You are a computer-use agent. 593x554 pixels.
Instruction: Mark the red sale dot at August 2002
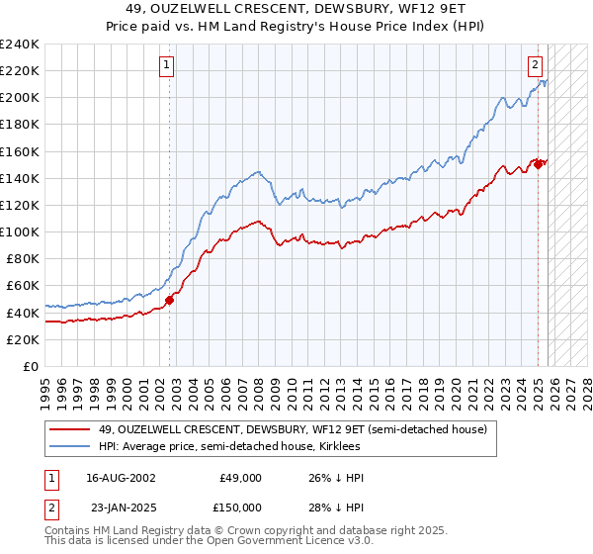(169, 300)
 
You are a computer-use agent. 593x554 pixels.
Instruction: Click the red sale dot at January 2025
(538, 164)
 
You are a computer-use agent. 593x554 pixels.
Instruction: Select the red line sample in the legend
(69, 430)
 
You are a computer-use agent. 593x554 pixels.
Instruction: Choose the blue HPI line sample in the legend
(69, 448)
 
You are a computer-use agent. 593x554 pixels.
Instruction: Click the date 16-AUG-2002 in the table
(121, 478)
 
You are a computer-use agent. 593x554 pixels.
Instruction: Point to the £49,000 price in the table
(240, 478)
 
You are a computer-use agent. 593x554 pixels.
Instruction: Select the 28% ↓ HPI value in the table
(336, 507)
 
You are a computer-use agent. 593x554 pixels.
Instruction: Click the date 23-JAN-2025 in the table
(121, 507)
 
